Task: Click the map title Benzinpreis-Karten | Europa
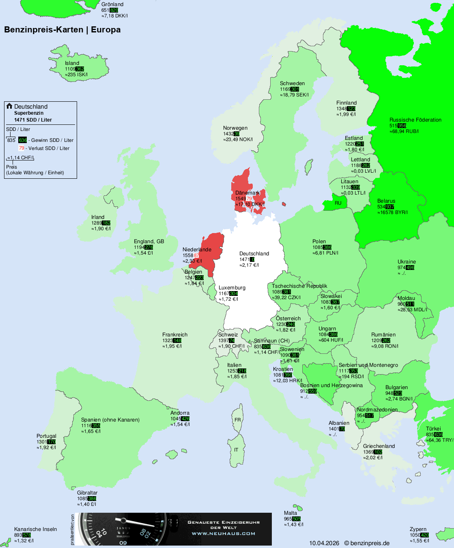tap(62, 30)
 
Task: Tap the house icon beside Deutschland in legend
tap(9, 106)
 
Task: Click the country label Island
tap(72, 63)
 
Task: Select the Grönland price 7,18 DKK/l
tap(115, 16)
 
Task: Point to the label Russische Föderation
tap(415, 120)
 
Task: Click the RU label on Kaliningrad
tap(338, 203)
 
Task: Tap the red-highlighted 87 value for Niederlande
tap(196, 255)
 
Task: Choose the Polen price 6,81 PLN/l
tap(326, 253)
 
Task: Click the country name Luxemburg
tap(232, 288)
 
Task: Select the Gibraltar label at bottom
tap(87, 493)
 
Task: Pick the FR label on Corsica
tap(237, 420)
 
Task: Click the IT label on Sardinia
tap(236, 450)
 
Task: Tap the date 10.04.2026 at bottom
tap(324, 543)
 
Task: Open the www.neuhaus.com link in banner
tap(224, 533)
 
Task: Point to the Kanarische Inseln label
tap(35, 529)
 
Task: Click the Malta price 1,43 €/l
tap(294, 524)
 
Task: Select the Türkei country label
tap(433, 429)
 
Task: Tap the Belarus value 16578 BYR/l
tap(393, 212)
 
